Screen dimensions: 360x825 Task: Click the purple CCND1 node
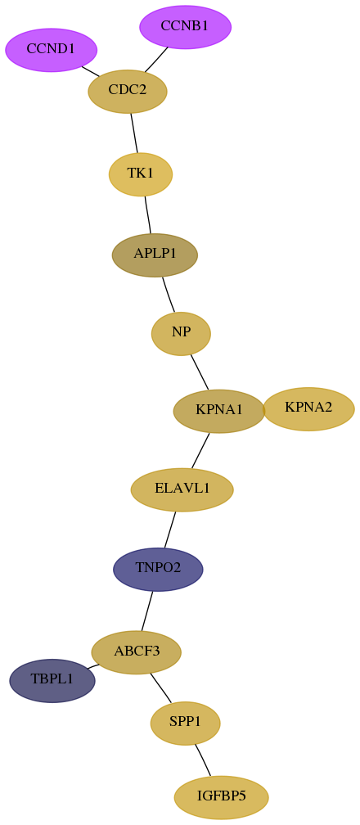(51, 50)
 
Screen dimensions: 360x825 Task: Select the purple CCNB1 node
(185, 27)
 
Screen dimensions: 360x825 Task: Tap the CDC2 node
(128, 91)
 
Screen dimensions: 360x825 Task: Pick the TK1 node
(141, 174)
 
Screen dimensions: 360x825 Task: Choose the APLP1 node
(155, 255)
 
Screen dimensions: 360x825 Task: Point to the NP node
(181, 334)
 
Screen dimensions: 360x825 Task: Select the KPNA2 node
(308, 409)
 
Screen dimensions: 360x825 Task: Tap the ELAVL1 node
(182, 489)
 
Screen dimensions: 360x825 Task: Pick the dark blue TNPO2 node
(158, 570)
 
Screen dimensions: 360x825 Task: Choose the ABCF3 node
(137, 652)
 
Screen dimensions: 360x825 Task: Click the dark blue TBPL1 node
(52, 680)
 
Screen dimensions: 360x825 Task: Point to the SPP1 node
(185, 724)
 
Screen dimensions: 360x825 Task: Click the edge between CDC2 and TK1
(134, 133)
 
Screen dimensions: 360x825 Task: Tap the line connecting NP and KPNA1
(200, 372)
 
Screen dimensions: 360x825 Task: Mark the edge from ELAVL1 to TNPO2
(170, 530)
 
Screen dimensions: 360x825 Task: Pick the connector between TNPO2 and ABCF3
(146, 611)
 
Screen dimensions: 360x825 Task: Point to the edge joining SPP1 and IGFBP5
(203, 760)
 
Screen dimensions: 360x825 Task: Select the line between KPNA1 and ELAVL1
(200, 451)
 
